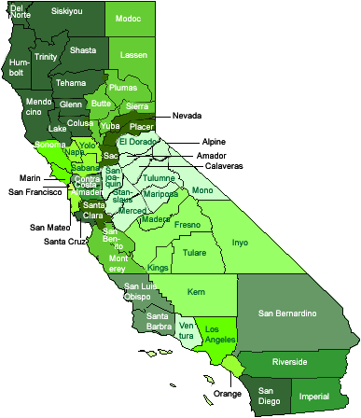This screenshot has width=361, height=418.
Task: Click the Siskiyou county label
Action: (x=66, y=12)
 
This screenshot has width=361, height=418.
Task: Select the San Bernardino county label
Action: (x=289, y=312)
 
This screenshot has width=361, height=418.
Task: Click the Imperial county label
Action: (x=314, y=396)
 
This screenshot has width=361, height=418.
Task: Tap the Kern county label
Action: (x=196, y=292)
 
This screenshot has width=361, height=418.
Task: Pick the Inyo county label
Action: (x=240, y=242)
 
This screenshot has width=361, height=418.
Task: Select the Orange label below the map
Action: (x=228, y=394)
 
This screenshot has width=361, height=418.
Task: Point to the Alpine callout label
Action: (x=213, y=141)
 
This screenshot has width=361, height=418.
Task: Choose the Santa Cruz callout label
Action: (x=64, y=241)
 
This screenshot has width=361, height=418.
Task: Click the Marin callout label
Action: (x=29, y=176)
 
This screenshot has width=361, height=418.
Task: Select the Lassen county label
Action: (x=134, y=56)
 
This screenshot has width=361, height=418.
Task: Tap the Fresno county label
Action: (x=187, y=226)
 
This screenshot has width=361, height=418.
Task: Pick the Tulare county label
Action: (x=195, y=252)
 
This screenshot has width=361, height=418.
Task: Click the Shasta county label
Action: (x=83, y=49)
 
